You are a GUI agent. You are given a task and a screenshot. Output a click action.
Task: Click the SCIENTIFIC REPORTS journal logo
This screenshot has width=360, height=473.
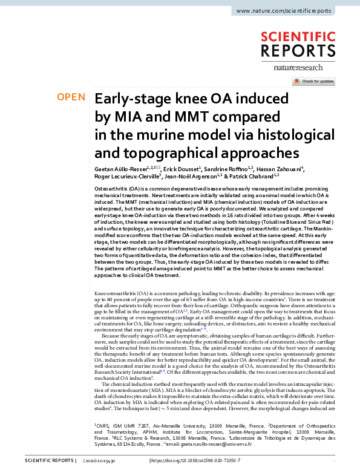(309, 46)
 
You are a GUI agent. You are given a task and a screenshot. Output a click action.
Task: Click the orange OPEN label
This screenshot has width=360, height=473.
(71, 97)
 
